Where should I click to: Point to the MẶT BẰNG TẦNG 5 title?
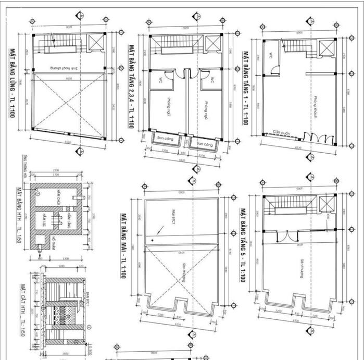[x=243, y=245]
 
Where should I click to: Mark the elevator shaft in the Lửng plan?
[x=95, y=43]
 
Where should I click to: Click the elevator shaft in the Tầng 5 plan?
[x=325, y=205]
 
